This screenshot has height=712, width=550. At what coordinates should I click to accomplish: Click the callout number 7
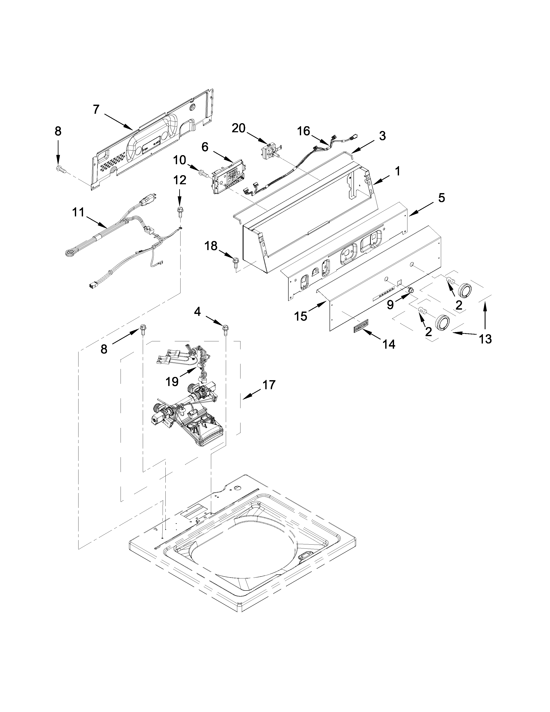(x=96, y=110)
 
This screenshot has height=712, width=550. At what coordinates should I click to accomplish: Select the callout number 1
(x=397, y=171)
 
